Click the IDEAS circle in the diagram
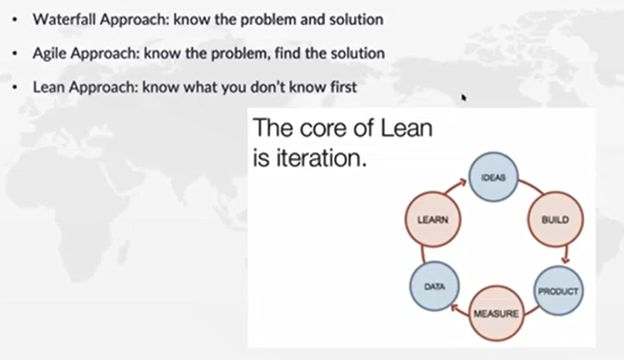[x=493, y=177]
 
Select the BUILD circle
[x=556, y=220]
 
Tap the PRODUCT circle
[x=558, y=291]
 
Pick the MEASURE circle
[x=496, y=313]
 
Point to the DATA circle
[x=434, y=286]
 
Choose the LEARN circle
[x=433, y=220]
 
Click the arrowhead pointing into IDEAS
[x=462, y=183]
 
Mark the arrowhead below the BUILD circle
[x=566, y=260]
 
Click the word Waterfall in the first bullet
[x=64, y=19]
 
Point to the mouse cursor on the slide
[x=463, y=98]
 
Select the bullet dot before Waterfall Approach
[x=14, y=20]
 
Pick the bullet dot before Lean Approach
[x=14, y=87]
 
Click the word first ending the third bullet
[x=343, y=87]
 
